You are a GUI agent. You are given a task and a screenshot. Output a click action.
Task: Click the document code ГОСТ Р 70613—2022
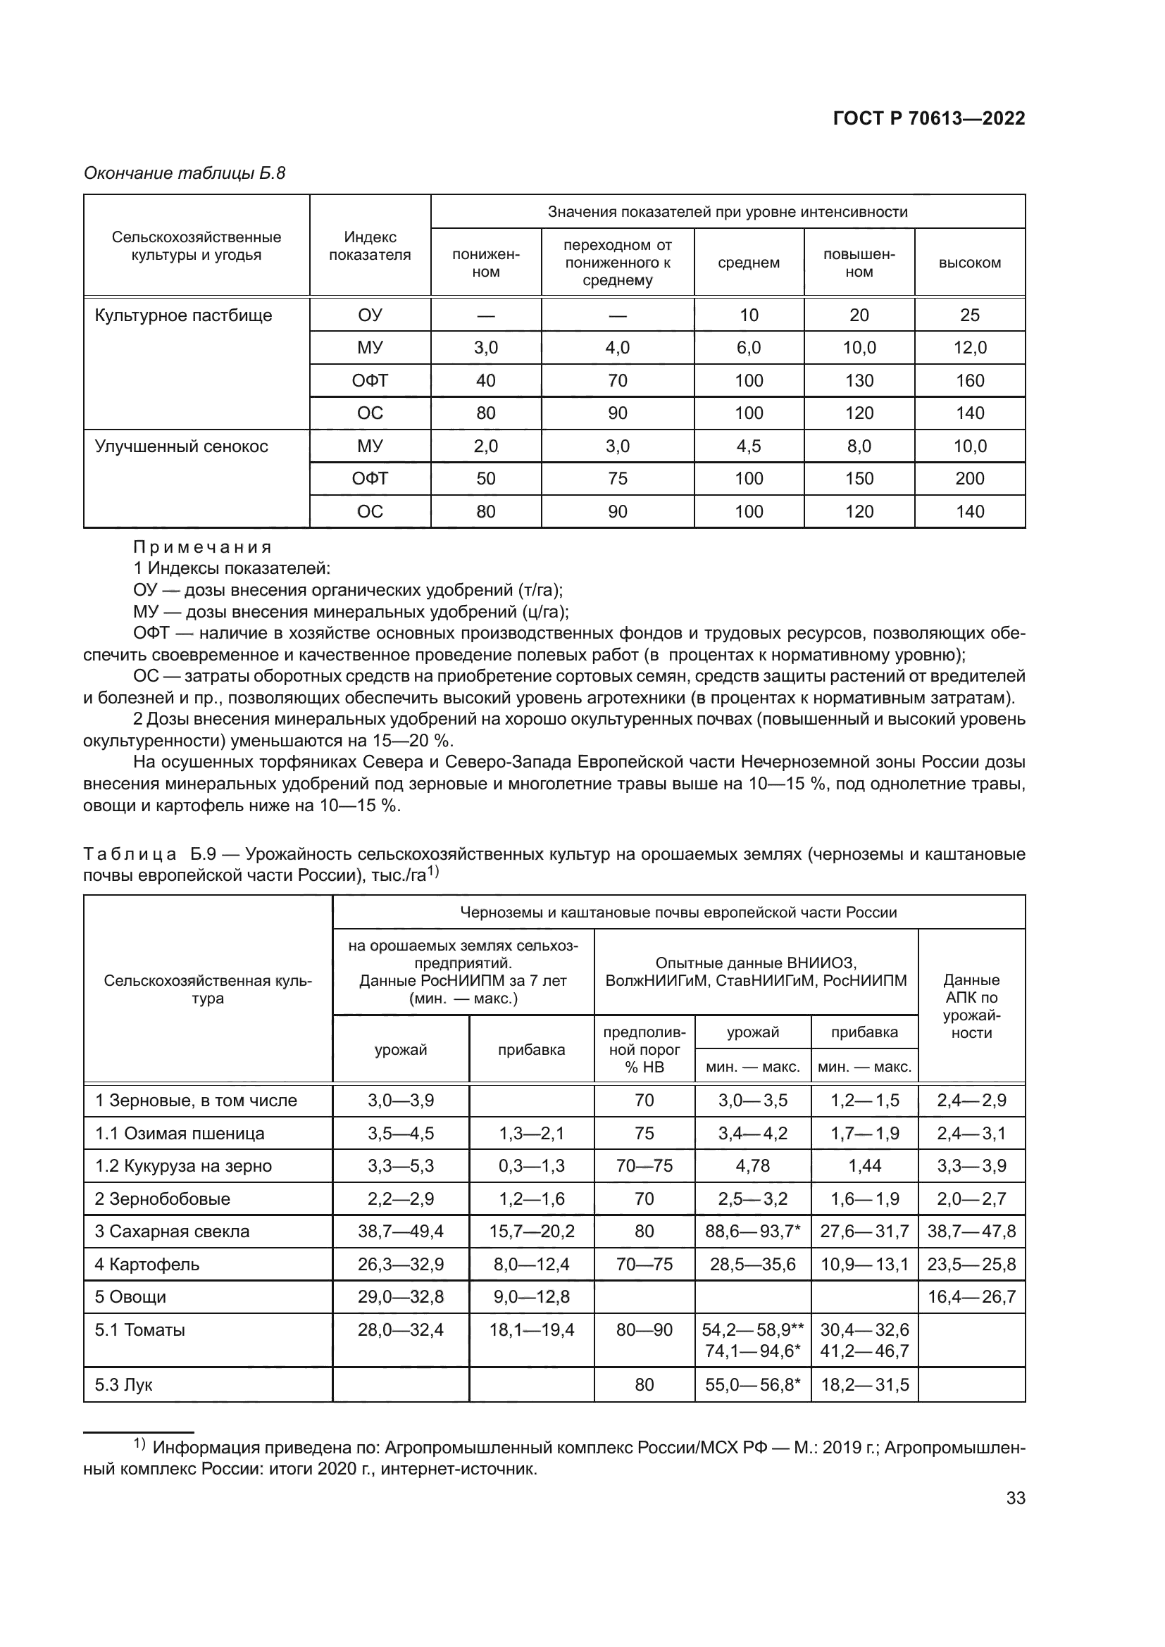point(928,118)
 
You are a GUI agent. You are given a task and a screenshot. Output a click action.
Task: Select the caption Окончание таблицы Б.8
point(185,173)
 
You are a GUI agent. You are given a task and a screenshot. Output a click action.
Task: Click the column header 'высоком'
point(969,263)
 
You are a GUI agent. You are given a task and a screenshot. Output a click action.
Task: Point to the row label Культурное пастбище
point(184,315)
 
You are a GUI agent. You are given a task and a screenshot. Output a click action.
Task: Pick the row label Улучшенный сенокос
point(182,446)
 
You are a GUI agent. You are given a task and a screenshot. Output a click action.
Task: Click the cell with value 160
point(969,381)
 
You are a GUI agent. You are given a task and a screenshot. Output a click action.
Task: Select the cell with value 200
point(969,478)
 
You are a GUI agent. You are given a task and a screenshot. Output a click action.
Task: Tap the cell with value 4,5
point(748,446)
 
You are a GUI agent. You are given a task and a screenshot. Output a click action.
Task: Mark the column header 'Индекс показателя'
point(370,246)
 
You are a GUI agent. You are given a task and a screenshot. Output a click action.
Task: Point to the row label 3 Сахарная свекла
point(172,1232)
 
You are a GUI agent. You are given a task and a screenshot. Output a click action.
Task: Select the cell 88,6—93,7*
point(752,1232)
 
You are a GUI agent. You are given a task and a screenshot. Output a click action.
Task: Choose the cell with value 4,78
point(752,1166)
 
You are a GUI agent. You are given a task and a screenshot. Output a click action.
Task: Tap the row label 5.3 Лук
point(124,1385)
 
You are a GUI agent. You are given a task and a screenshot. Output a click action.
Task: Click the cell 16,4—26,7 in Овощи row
point(971,1297)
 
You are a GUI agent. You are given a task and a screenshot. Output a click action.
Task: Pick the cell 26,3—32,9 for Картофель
point(400,1265)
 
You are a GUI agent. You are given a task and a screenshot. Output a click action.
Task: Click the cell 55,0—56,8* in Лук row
point(752,1385)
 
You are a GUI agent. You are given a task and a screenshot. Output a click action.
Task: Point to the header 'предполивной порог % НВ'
point(644,1049)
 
